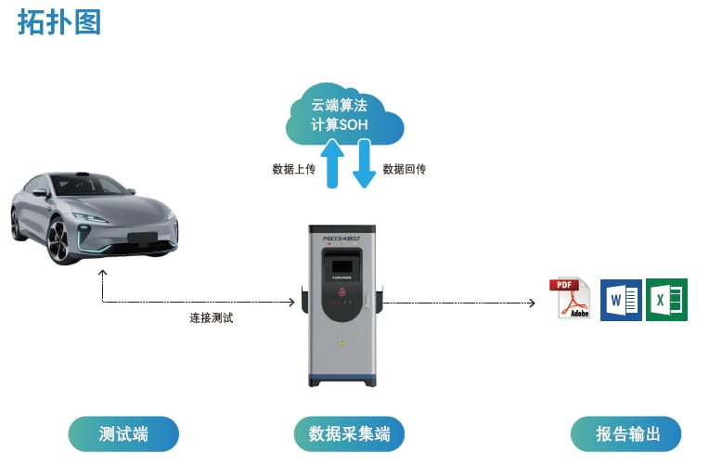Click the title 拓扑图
(58, 21)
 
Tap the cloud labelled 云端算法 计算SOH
(344, 113)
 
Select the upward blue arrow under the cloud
(331, 161)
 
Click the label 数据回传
(404, 169)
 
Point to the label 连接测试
(212, 317)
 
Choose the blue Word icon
(621, 300)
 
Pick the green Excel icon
(666, 300)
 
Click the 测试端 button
(123, 433)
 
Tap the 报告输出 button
(627, 433)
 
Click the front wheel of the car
(58, 239)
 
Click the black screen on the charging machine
(342, 264)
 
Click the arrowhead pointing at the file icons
(532, 303)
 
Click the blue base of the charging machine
(342, 378)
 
